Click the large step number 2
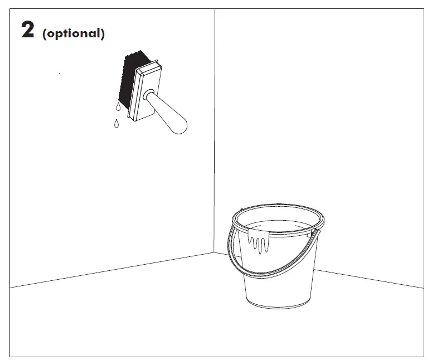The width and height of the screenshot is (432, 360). (x=27, y=30)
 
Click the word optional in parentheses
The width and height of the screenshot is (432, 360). (x=73, y=33)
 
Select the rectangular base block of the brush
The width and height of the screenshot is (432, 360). (x=145, y=91)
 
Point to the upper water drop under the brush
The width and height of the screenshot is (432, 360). (x=118, y=106)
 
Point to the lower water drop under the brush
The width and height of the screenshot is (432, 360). (x=117, y=124)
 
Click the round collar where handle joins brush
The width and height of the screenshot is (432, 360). (x=148, y=95)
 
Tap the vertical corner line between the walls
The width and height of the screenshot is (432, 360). (x=215, y=130)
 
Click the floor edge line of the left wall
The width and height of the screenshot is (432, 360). (x=112, y=270)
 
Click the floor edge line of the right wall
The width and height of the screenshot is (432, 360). (x=369, y=279)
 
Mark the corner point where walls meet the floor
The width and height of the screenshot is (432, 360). (x=215, y=252)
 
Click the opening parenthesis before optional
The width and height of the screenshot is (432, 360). (x=44, y=34)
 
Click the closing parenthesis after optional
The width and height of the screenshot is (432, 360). (x=103, y=34)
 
